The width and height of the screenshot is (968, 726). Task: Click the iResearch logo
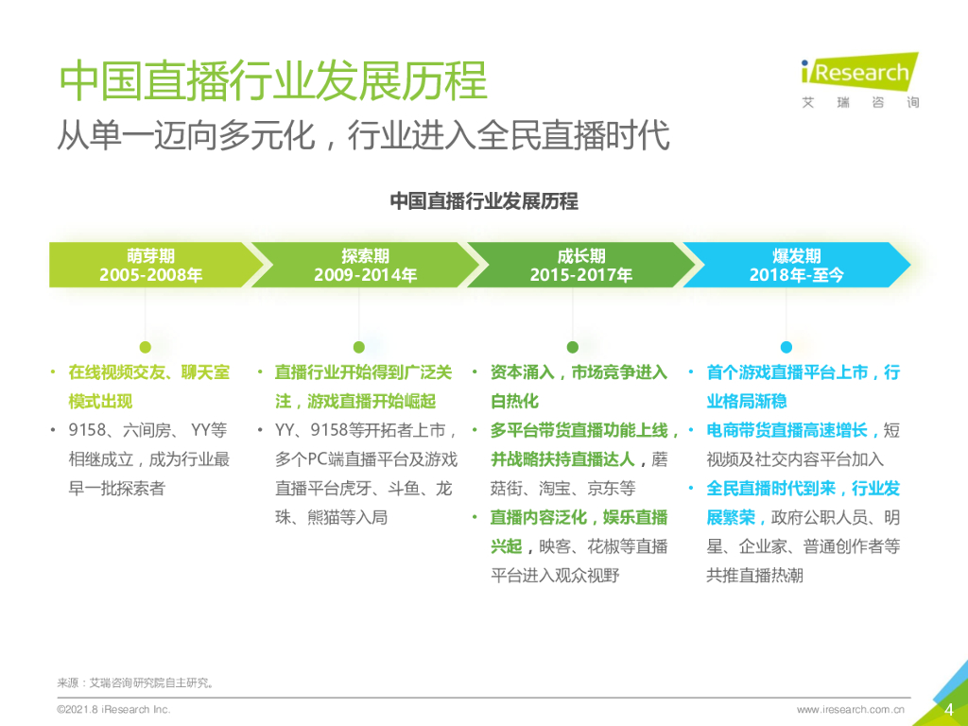(x=858, y=80)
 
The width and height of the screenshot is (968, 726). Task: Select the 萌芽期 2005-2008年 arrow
(x=151, y=266)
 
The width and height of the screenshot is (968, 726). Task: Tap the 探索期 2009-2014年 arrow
(x=365, y=266)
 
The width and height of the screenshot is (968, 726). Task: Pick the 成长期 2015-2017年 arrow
(x=579, y=266)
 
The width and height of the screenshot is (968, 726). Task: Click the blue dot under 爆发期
(x=786, y=347)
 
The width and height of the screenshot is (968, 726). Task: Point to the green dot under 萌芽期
(x=145, y=347)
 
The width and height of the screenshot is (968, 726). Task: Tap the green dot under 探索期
(x=358, y=347)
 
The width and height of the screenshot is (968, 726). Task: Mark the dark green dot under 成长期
(x=573, y=347)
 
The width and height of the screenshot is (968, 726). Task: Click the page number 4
(x=949, y=710)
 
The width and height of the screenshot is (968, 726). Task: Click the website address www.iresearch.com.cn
(x=851, y=709)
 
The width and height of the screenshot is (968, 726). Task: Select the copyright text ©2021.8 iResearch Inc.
(x=113, y=709)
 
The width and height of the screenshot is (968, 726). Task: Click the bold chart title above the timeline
(x=484, y=201)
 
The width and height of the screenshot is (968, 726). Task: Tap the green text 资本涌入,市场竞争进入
(x=579, y=372)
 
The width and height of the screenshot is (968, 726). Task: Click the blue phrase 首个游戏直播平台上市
(x=786, y=372)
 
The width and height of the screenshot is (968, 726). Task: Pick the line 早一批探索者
(x=117, y=489)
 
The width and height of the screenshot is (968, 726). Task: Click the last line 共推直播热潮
(x=754, y=575)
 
